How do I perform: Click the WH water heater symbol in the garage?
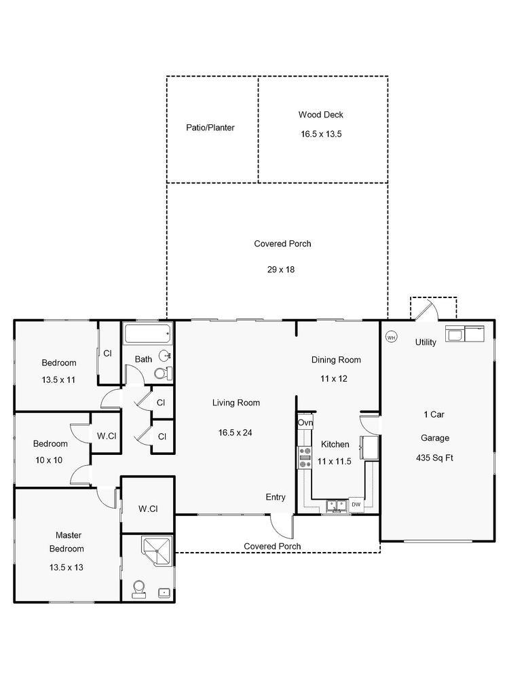[x=392, y=337]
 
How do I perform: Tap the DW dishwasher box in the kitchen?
[x=356, y=504]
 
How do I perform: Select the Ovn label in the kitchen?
[x=305, y=422]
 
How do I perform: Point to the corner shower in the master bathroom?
[x=157, y=551]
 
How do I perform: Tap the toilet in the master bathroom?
[x=139, y=590]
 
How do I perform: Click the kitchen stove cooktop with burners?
[x=305, y=458]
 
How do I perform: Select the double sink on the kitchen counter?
[x=337, y=506]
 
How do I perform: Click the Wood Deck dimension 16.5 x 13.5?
[x=321, y=134]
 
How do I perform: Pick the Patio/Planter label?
[x=210, y=128]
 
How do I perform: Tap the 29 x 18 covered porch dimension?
[x=281, y=270]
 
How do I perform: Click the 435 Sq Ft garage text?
[x=434, y=458]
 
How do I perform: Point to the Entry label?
[x=276, y=498]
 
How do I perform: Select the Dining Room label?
[x=337, y=360]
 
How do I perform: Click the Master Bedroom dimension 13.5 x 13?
[x=67, y=567]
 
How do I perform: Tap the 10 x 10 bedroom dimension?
[x=49, y=460]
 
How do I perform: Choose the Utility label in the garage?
[x=426, y=342]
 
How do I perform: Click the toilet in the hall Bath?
[x=163, y=373]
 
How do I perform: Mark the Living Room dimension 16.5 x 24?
[x=235, y=433]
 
